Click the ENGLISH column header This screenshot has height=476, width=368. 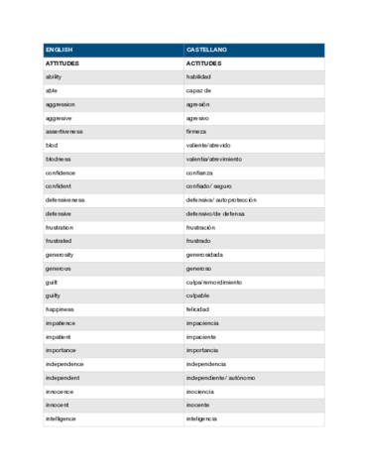tap(60, 50)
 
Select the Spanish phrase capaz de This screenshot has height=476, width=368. tap(198, 90)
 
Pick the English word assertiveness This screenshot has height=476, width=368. tap(63, 131)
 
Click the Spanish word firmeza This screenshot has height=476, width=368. tap(196, 131)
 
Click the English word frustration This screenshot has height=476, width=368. tap(59, 227)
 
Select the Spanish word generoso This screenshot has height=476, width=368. tap(198, 268)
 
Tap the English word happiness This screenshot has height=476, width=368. tap(59, 308)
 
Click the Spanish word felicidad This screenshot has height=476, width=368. tap(198, 308)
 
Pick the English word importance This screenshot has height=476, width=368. tap(60, 350)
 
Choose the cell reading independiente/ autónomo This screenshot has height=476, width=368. tap(220, 377)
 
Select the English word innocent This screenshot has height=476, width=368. tap(57, 405)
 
